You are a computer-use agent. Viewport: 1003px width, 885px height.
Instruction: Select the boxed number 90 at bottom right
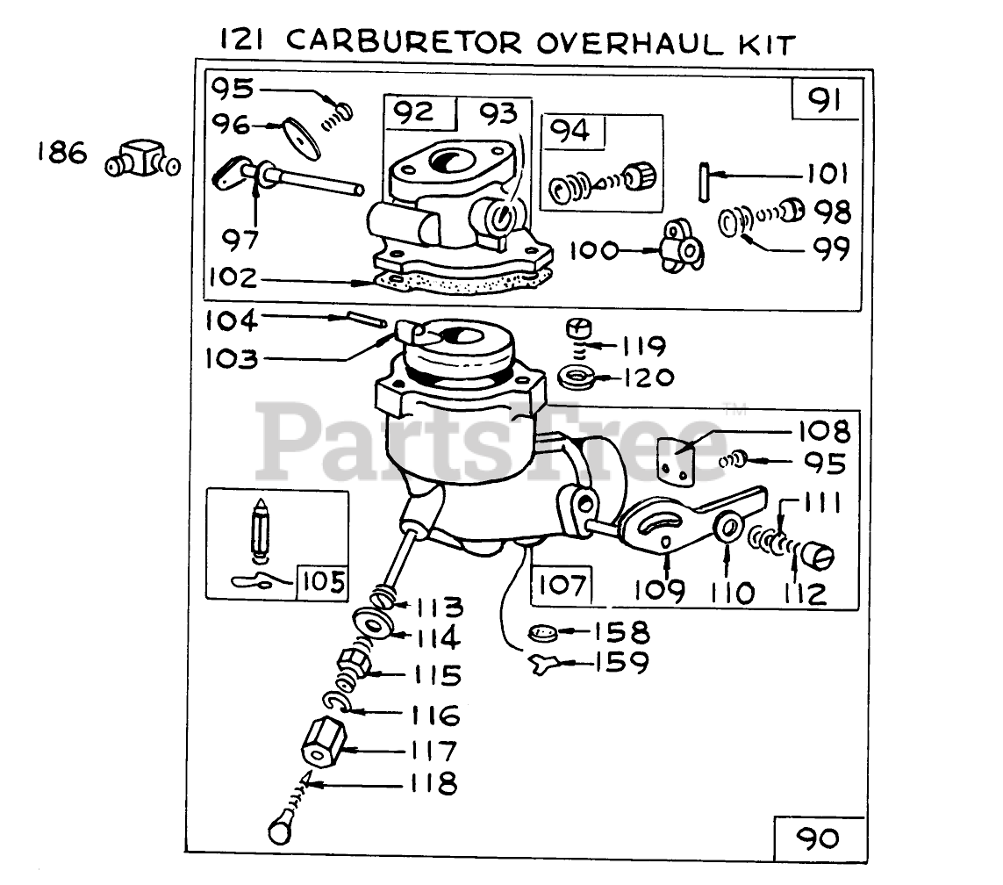(819, 838)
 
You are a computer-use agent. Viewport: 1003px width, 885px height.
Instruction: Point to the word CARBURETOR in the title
(408, 41)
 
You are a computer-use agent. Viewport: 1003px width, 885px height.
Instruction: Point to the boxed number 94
(570, 132)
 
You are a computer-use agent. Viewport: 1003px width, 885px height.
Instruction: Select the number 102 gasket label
(233, 278)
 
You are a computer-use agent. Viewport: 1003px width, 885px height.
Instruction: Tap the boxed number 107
(562, 583)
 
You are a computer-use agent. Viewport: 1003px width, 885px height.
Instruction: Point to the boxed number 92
(412, 112)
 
